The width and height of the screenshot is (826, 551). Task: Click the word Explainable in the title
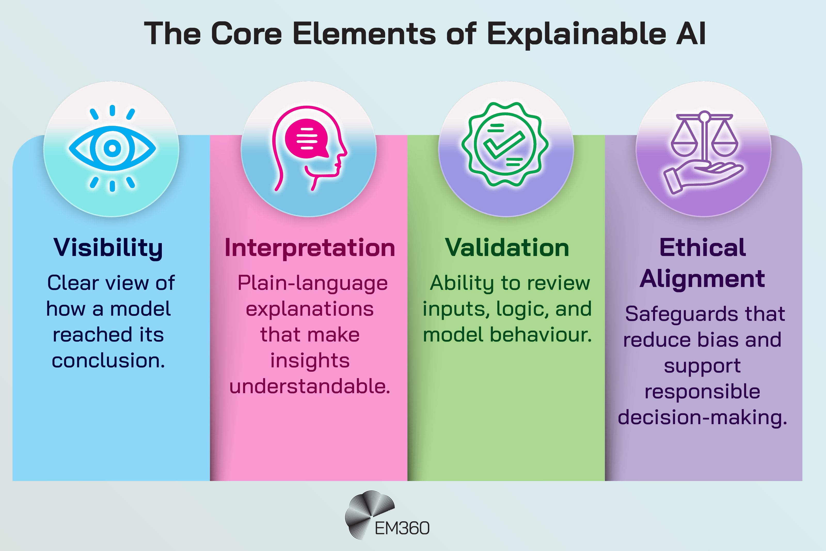[576, 34]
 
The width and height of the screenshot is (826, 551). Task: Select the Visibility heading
[108, 248]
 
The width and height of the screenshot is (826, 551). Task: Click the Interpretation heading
[309, 248]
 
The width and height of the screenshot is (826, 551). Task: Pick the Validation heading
[506, 248]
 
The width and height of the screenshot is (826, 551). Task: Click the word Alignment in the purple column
[702, 279]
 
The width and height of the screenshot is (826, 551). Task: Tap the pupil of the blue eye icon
[112, 148]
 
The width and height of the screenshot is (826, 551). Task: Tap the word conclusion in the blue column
[108, 361]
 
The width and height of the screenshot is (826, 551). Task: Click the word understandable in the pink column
[309, 386]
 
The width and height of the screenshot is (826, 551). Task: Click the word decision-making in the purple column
[702, 417]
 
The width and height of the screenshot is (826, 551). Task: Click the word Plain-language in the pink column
[312, 283]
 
